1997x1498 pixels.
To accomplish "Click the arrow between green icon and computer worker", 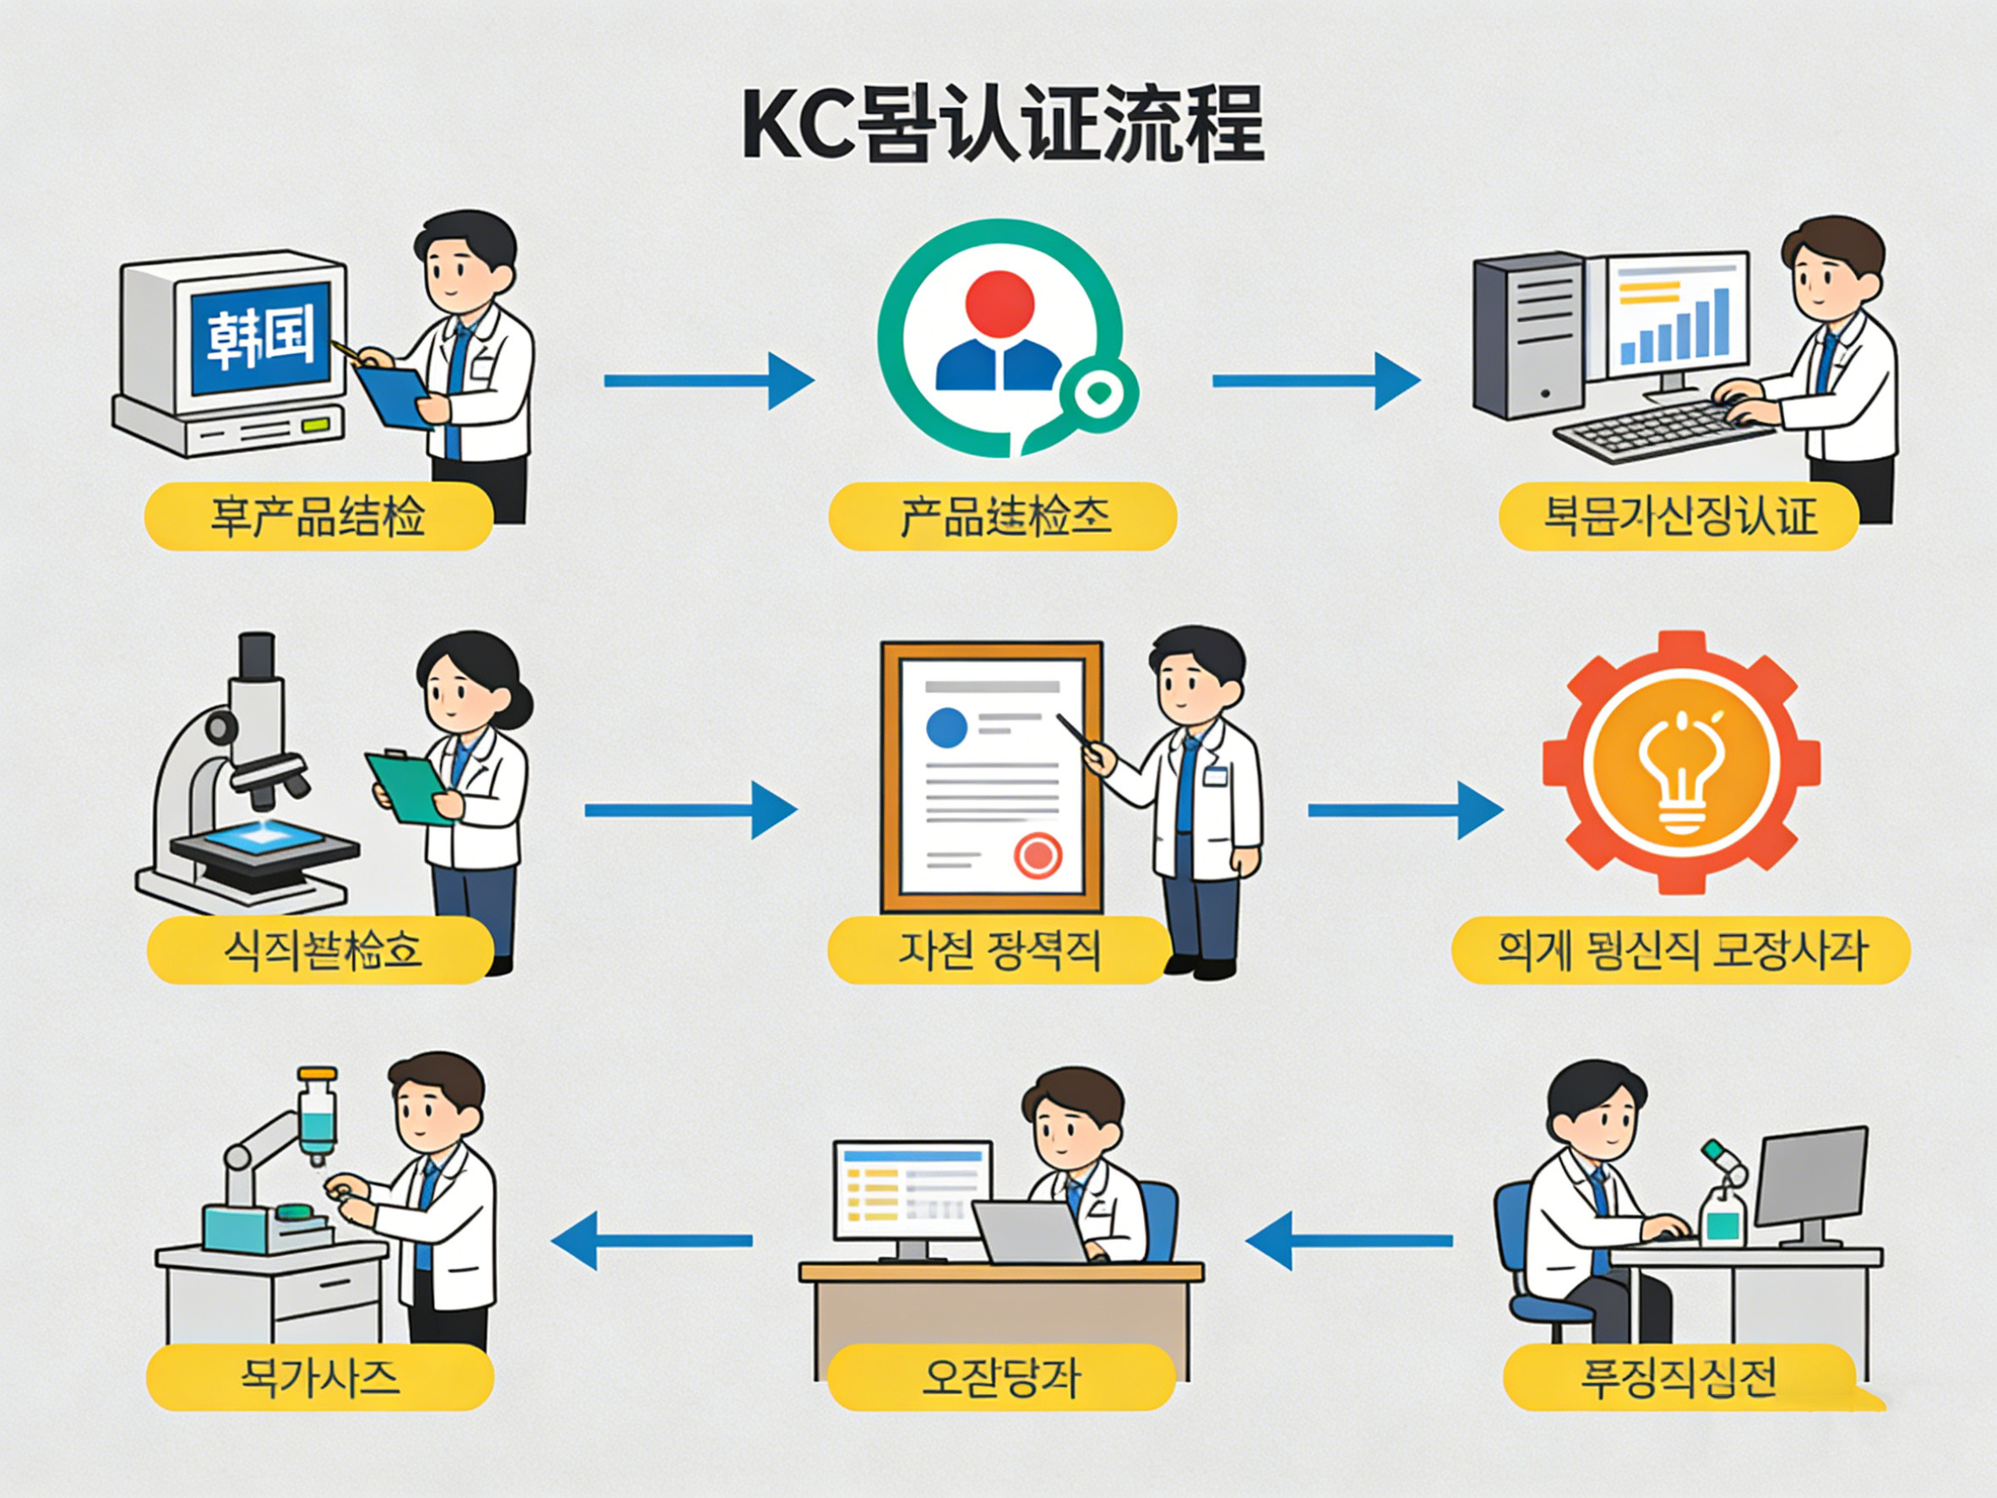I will (x=1314, y=381).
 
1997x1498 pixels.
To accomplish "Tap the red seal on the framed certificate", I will (x=1037, y=854).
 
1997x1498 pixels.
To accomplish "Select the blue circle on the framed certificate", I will (x=947, y=727).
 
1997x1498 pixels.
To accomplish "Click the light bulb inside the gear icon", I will (x=1679, y=773).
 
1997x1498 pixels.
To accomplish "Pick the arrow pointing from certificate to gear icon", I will (x=1404, y=810).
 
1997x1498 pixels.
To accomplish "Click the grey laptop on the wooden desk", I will (x=1029, y=1232).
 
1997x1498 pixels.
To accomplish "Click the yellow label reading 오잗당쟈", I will (x=1000, y=1378).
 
